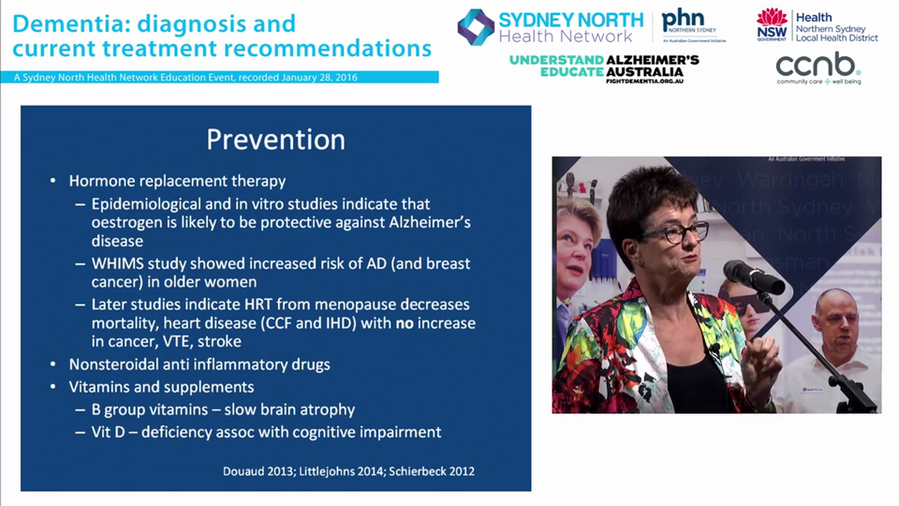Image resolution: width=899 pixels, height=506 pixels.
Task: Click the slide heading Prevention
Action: [275, 140]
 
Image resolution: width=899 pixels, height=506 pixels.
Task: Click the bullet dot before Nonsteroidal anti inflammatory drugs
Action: [53, 365]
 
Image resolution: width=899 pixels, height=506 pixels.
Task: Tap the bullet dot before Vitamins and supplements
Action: [53, 387]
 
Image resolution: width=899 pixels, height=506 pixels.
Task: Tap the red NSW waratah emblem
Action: [772, 19]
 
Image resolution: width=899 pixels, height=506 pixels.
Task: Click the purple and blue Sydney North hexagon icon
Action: [475, 27]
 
